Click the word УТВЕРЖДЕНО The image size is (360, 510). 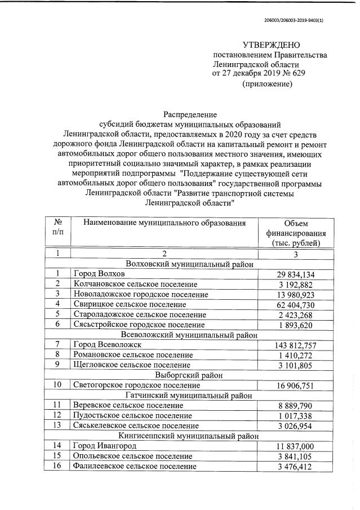pos(271,45)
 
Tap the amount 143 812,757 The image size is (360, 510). pos(290,344)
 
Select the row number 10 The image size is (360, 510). pos(57,385)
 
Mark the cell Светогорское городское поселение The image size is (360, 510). pos(136,385)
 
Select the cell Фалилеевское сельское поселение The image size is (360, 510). pos(135,466)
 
